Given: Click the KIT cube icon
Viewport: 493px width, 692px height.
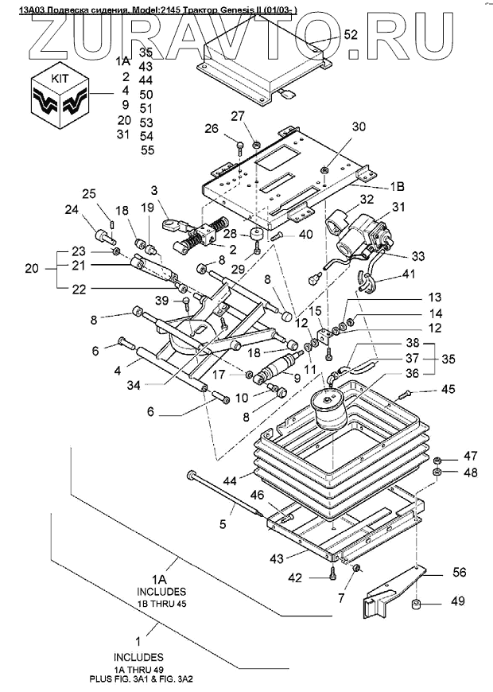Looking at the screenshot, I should [x=59, y=95].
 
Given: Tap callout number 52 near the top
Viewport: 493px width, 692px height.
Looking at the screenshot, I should [x=351, y=35].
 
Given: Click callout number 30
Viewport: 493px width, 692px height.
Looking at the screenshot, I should [x=359, y=127].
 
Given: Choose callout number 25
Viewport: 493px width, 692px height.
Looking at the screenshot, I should [x=89, y=193].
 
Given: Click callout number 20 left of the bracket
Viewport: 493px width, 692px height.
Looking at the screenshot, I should [x=32, y=269].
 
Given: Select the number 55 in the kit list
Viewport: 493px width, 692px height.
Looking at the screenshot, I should [x=147, y=150].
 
